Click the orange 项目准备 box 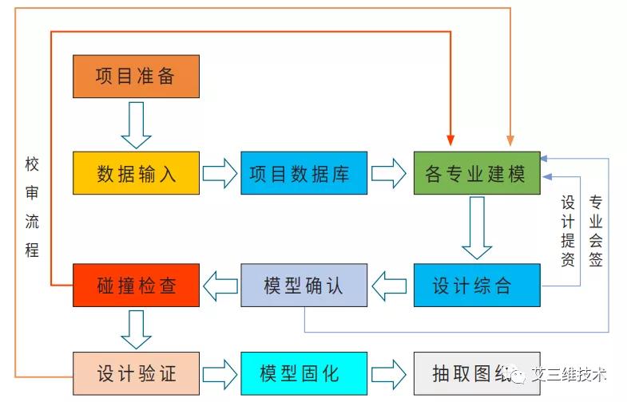[136, 77]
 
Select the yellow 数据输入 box [136, 173]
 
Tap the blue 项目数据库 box [304, 173]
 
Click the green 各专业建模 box [477, 173]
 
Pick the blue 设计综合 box [477, 285]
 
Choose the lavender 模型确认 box [304, 285]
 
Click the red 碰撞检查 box [136, 285]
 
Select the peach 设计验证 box [136, 373]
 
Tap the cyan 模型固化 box [304, 373]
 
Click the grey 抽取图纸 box [477, 373]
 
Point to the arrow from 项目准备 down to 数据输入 [136, 124]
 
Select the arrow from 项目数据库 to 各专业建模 [390, 173]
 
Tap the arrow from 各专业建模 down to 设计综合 [477, 227]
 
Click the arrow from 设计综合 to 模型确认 [390, 285]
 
